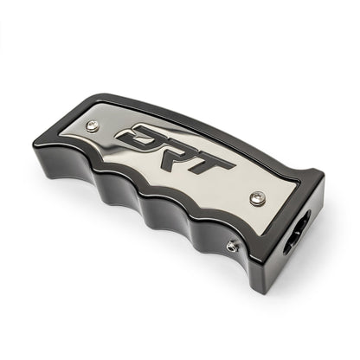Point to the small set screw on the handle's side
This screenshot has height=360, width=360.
point(232,247)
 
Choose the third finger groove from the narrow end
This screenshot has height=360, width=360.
point(154,216)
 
